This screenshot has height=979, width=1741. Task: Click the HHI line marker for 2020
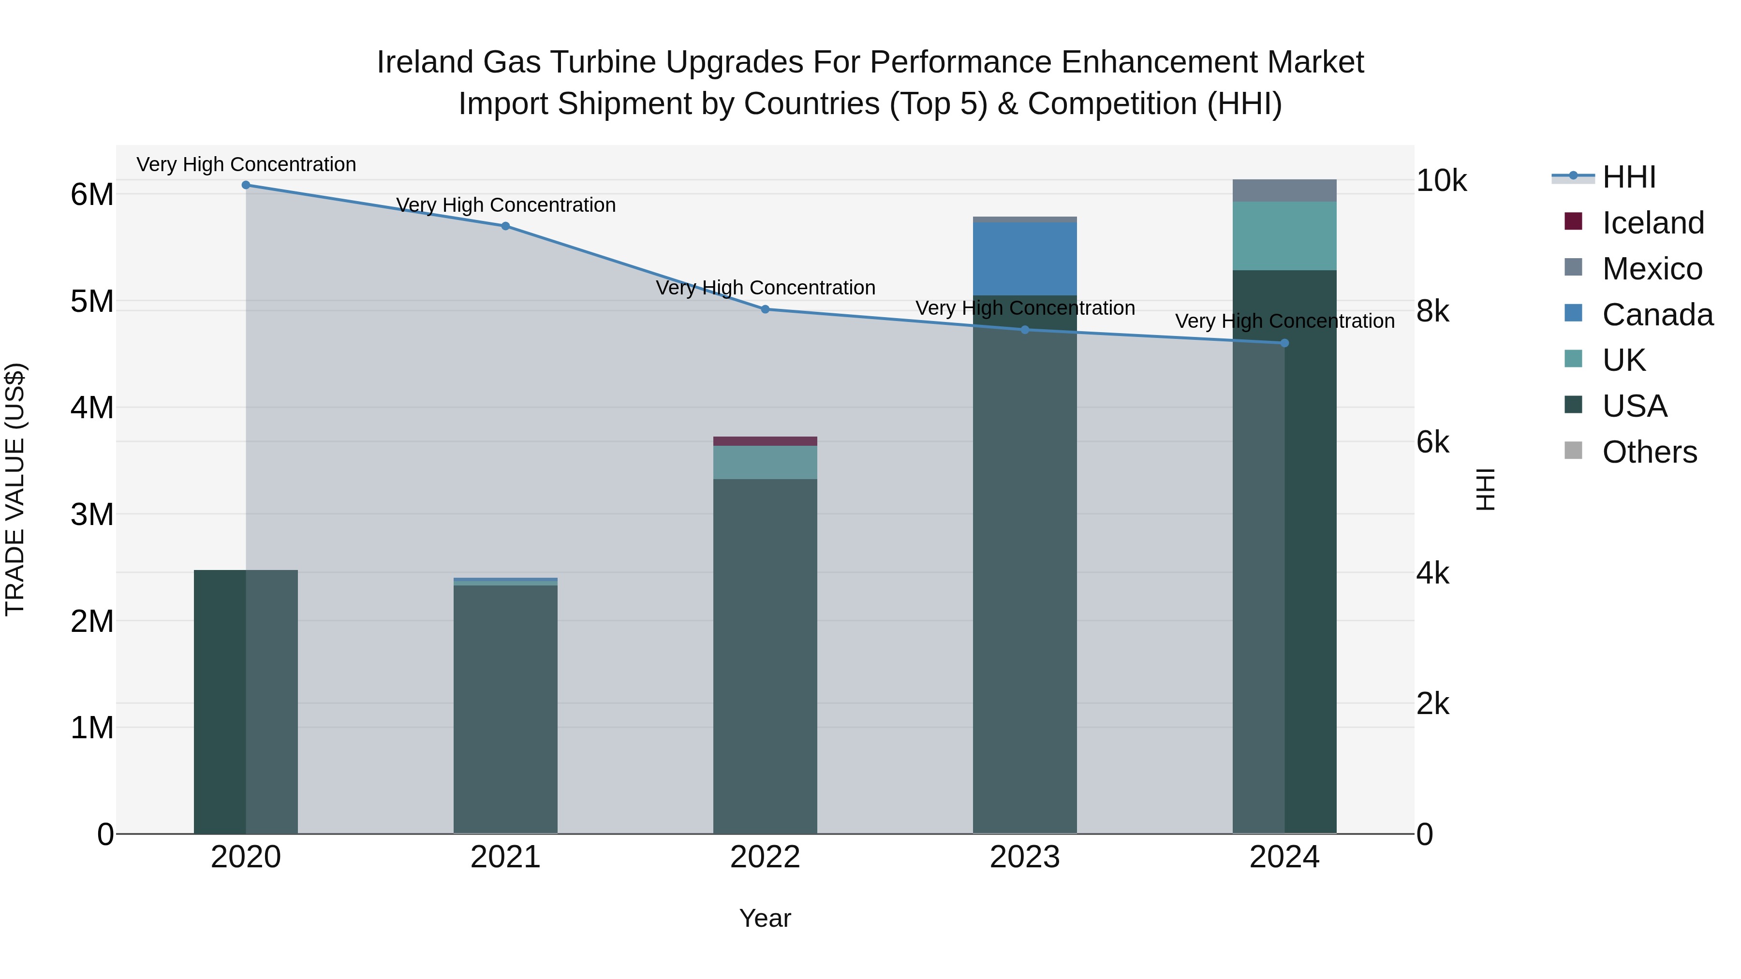coord(246,185)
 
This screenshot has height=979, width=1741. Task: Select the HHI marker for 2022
coord(765,309)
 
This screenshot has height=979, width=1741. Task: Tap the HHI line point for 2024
coord(1284,343)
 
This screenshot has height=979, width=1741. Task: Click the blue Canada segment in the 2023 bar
coord(1025,259)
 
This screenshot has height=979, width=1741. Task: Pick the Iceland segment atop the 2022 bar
coord(765,441)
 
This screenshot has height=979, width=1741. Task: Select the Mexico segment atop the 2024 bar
coord(1284,190)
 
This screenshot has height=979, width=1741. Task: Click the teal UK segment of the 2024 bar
coord(1284,236)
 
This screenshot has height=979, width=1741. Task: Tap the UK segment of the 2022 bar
coord(765,463)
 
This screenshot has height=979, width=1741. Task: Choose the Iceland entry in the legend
coord(1652,223)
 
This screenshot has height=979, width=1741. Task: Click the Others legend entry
coord(1649,452)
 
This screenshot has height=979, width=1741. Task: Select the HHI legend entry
coord(1629,177)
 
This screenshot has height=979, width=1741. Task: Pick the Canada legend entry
coord(1657,315)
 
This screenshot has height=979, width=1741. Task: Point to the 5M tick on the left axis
coord(92,301)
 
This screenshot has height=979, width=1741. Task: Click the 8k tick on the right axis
coord(1433,311)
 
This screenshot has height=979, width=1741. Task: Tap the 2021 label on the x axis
coord(505,857)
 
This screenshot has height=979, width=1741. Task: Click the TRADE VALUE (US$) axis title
coord(15,489)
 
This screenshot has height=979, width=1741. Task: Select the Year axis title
coord(765,918)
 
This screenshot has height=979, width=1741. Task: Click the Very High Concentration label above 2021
coord(505,205)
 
